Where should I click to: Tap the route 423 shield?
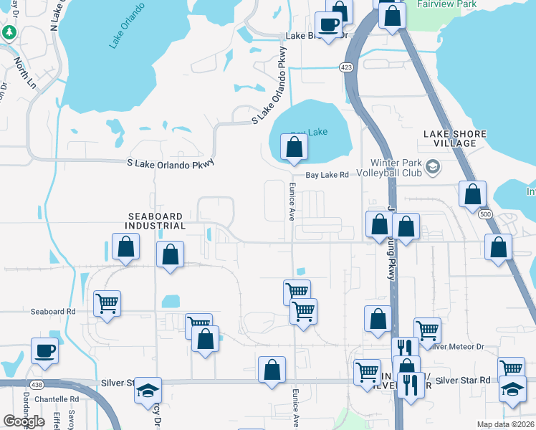(345, 67)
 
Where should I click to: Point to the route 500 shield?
(486, 214)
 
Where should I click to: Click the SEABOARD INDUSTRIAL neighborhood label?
(155, 221)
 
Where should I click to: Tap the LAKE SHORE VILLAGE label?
(455, 138)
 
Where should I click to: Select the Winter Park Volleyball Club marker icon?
(432, 167)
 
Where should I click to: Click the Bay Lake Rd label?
(327, 174)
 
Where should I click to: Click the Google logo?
(24, 421)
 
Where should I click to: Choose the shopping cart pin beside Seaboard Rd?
(107, 303)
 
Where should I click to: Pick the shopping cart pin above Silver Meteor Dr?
(427, 330)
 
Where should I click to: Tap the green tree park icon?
(9, 32)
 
